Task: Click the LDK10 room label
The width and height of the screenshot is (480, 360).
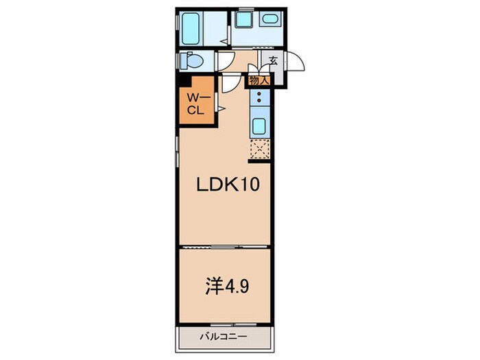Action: (228, 184)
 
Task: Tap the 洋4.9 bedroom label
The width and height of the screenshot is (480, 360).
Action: (227, 286)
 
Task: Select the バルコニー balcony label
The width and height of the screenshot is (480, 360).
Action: (224, 337)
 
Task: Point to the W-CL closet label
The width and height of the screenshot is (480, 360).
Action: (197, 104)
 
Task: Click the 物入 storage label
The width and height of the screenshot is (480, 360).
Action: (259, 81)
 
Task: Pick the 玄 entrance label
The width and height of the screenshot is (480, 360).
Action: (274, 60)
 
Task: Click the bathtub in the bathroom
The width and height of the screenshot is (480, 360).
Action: (191, 29)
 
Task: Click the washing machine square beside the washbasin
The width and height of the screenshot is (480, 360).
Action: (244, 20)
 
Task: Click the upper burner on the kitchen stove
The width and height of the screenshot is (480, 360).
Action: (259, 94)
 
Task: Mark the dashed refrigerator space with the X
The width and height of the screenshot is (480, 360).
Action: (260, 149)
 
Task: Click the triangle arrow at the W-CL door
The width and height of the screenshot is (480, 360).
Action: (221, 108)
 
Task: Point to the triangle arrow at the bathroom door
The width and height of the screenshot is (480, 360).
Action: (224, 41)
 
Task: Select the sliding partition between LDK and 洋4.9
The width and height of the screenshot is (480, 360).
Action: (224, 247)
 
